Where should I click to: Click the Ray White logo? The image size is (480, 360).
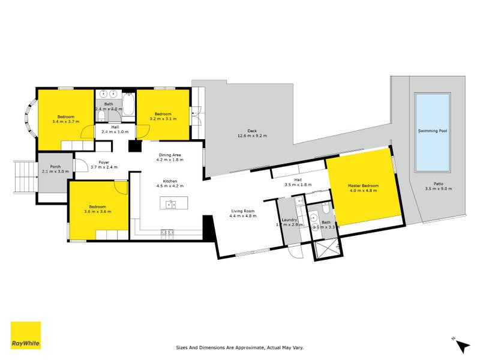click(x=26, y=335)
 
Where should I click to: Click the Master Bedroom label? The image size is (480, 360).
click(x=362, y=186)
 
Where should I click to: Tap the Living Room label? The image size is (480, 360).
click(x=242, y=211)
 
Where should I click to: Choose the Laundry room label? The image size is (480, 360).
click(x=290, y=220)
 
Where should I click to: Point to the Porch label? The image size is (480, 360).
click(x=55, y=167)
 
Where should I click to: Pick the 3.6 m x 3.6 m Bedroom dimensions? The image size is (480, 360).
click(x=98, y=211)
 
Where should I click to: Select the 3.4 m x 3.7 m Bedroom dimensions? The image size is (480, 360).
click(x=66, y=122)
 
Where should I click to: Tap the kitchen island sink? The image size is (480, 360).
click(x=171, y=205)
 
